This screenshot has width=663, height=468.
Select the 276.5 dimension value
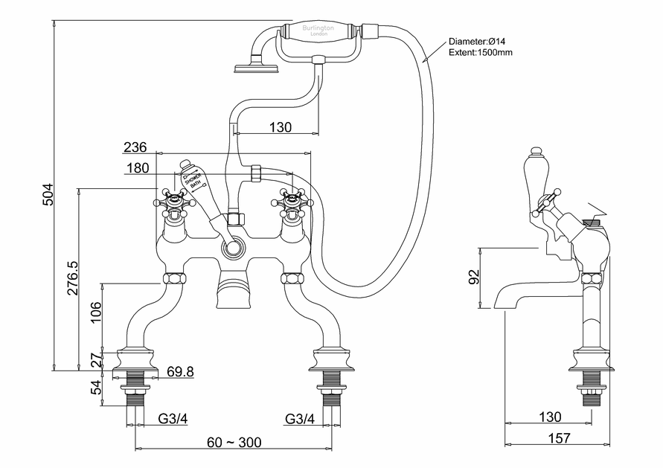(x=73, y=278)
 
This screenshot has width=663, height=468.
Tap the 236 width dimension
(x=135, y=147)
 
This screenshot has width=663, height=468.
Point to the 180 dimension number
(x=137, y=168)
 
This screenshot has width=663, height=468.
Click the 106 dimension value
(x=94, y=308)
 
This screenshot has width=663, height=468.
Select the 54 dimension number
(x=94, y=388)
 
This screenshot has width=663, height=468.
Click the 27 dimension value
(x=94, y=360)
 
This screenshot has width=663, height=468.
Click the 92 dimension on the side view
(x=473, y=278)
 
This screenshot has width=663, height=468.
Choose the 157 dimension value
(x=557, y=437)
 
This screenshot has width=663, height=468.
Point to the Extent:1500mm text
(x=480, y=54)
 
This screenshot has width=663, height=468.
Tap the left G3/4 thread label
(x=173, y=419)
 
